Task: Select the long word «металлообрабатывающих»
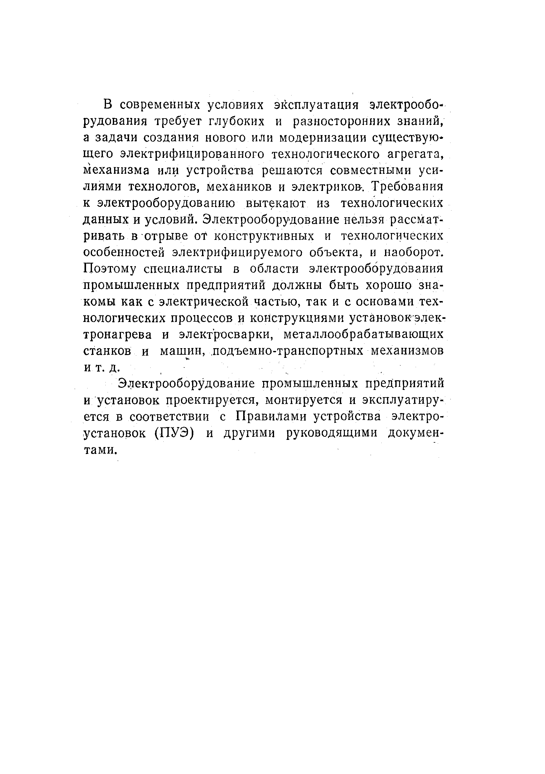pos(364,334)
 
